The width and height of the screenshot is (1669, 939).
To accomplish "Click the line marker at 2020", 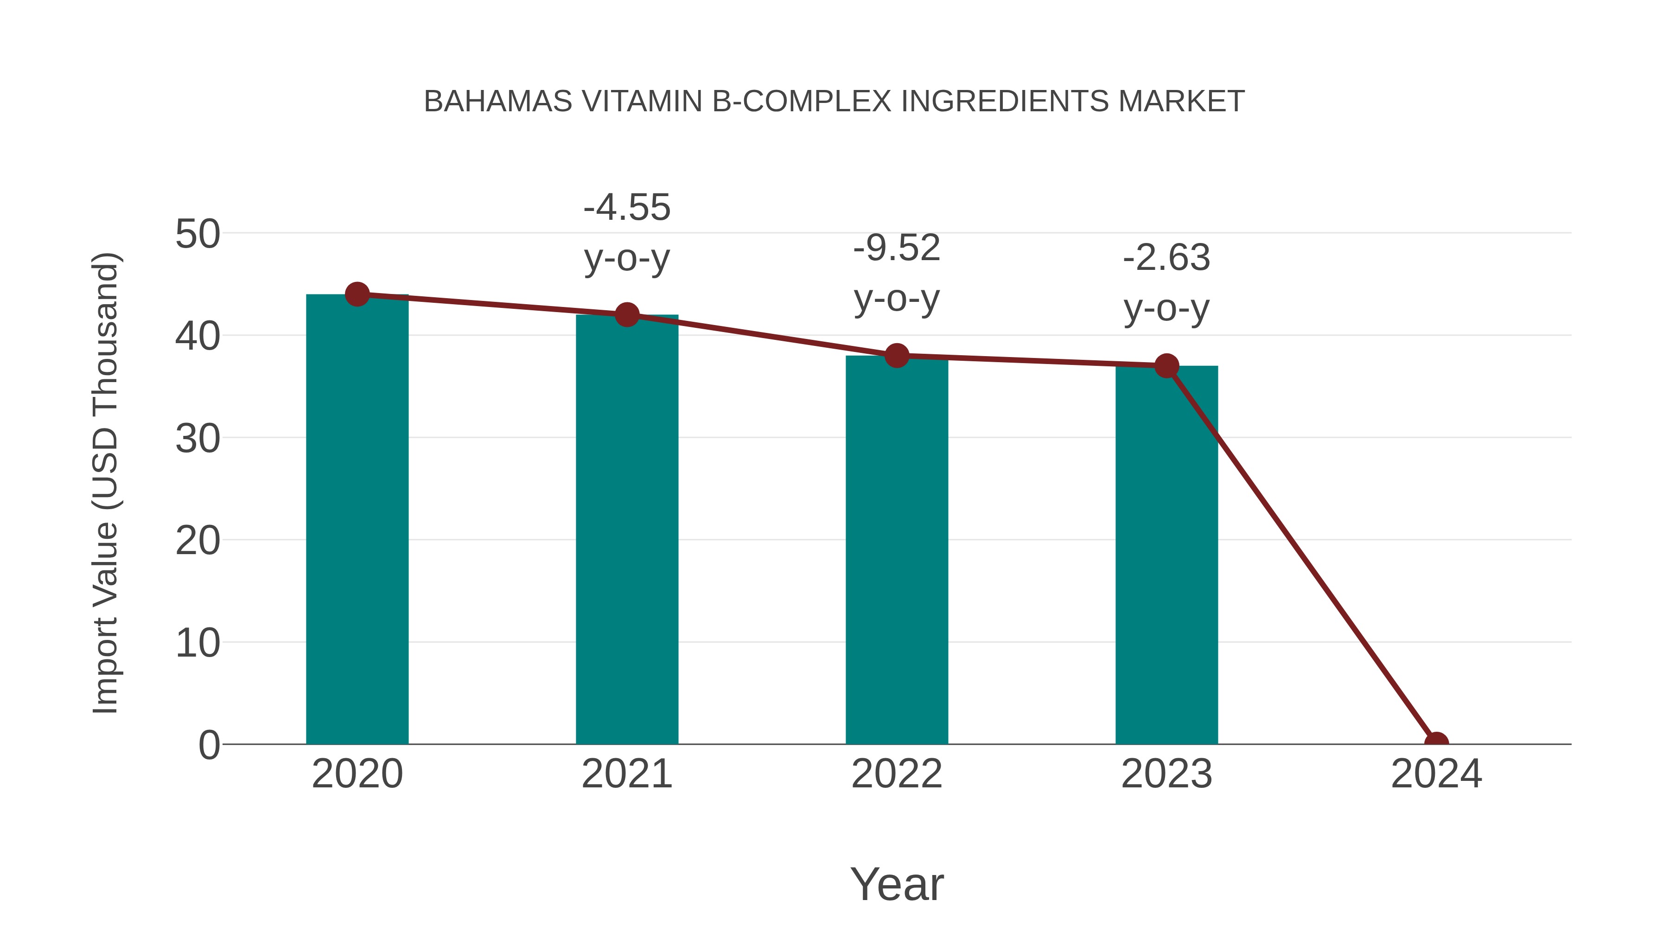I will click(x=357, y=294).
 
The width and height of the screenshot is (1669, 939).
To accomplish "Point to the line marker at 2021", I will click(x=626, y=315).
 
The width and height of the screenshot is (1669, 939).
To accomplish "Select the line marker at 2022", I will click(x=897, y=355).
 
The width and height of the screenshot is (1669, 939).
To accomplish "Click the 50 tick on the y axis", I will click(x=197, y=234).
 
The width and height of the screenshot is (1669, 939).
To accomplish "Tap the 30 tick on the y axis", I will click(x=197, y=439).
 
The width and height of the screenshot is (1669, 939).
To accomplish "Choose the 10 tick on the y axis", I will click(x=197, y=644).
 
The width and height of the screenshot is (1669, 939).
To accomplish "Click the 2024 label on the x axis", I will click(x=1436, y=774).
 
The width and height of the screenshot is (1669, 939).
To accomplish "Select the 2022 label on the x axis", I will click(x=897, y=774).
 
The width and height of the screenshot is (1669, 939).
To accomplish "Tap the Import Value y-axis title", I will click(x=105, y=483).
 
